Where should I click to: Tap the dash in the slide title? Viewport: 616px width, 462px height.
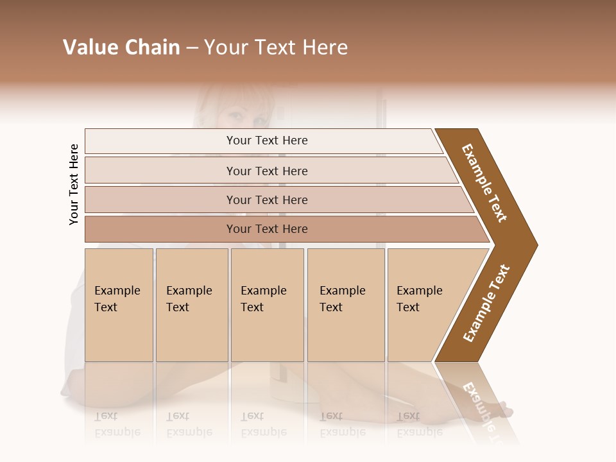[x=192, y=48]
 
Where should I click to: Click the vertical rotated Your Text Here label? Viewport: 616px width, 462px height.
[x=74, y=185]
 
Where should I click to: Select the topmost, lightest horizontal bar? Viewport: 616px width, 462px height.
[x=267, y=141]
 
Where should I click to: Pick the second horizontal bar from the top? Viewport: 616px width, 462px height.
[x=267, y=171]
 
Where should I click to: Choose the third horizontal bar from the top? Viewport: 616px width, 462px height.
[x=267, y=200]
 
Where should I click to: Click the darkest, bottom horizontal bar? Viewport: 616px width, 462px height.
[x=267, y=229]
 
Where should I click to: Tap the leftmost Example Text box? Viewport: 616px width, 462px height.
[x=119, y=304]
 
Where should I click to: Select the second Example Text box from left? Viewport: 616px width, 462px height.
[x=191, y=304]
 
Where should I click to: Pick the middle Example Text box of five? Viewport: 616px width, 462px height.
[x=267, y=304]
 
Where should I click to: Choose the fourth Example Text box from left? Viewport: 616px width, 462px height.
[x=345, y=304]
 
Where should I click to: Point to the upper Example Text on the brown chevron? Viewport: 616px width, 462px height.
[x=484, y=183]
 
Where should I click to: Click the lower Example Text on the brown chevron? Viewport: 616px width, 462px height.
[x=486, y=304]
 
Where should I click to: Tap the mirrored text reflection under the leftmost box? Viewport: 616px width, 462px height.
[x=117, y=425]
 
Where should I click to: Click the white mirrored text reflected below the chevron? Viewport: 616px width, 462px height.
[x=481, y=404]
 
